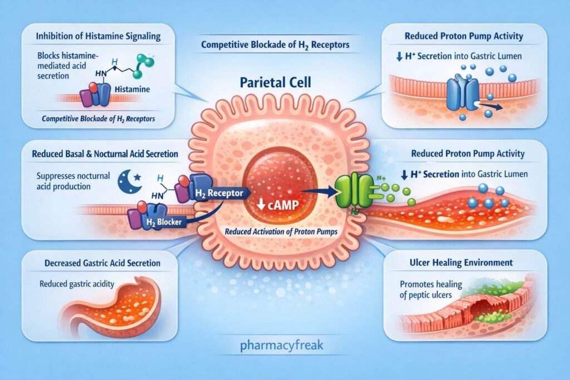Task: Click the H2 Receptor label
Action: coord(217,193)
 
